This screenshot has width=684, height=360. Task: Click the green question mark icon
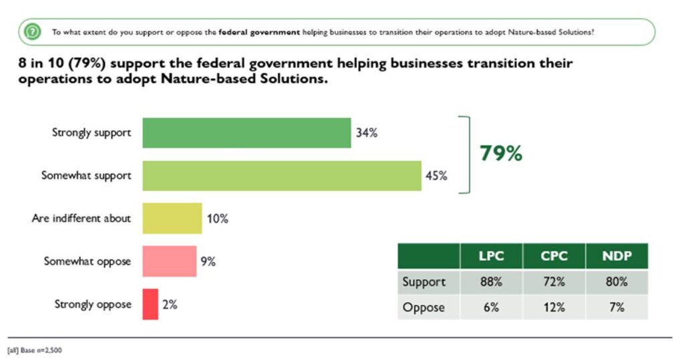[31, 31]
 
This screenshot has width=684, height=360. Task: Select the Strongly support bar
[246, 133]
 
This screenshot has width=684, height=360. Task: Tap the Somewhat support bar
[282, 176]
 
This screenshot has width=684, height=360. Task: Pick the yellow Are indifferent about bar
[172, 218]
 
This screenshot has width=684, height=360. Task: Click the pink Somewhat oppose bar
[169, 261]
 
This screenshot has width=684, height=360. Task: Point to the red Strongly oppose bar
[150, 304]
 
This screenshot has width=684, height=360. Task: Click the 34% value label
[367, 133]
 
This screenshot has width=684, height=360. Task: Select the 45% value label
[437, 176]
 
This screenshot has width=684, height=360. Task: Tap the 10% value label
[217, 218]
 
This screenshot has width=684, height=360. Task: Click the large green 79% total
[501, 154]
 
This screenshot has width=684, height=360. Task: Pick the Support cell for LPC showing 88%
[490, 282]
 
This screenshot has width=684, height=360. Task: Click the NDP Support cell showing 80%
[616, 282]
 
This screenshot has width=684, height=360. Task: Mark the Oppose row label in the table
[423, 307]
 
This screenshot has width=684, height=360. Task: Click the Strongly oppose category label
[93, 305]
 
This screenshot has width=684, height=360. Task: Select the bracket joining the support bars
[468, 154]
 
